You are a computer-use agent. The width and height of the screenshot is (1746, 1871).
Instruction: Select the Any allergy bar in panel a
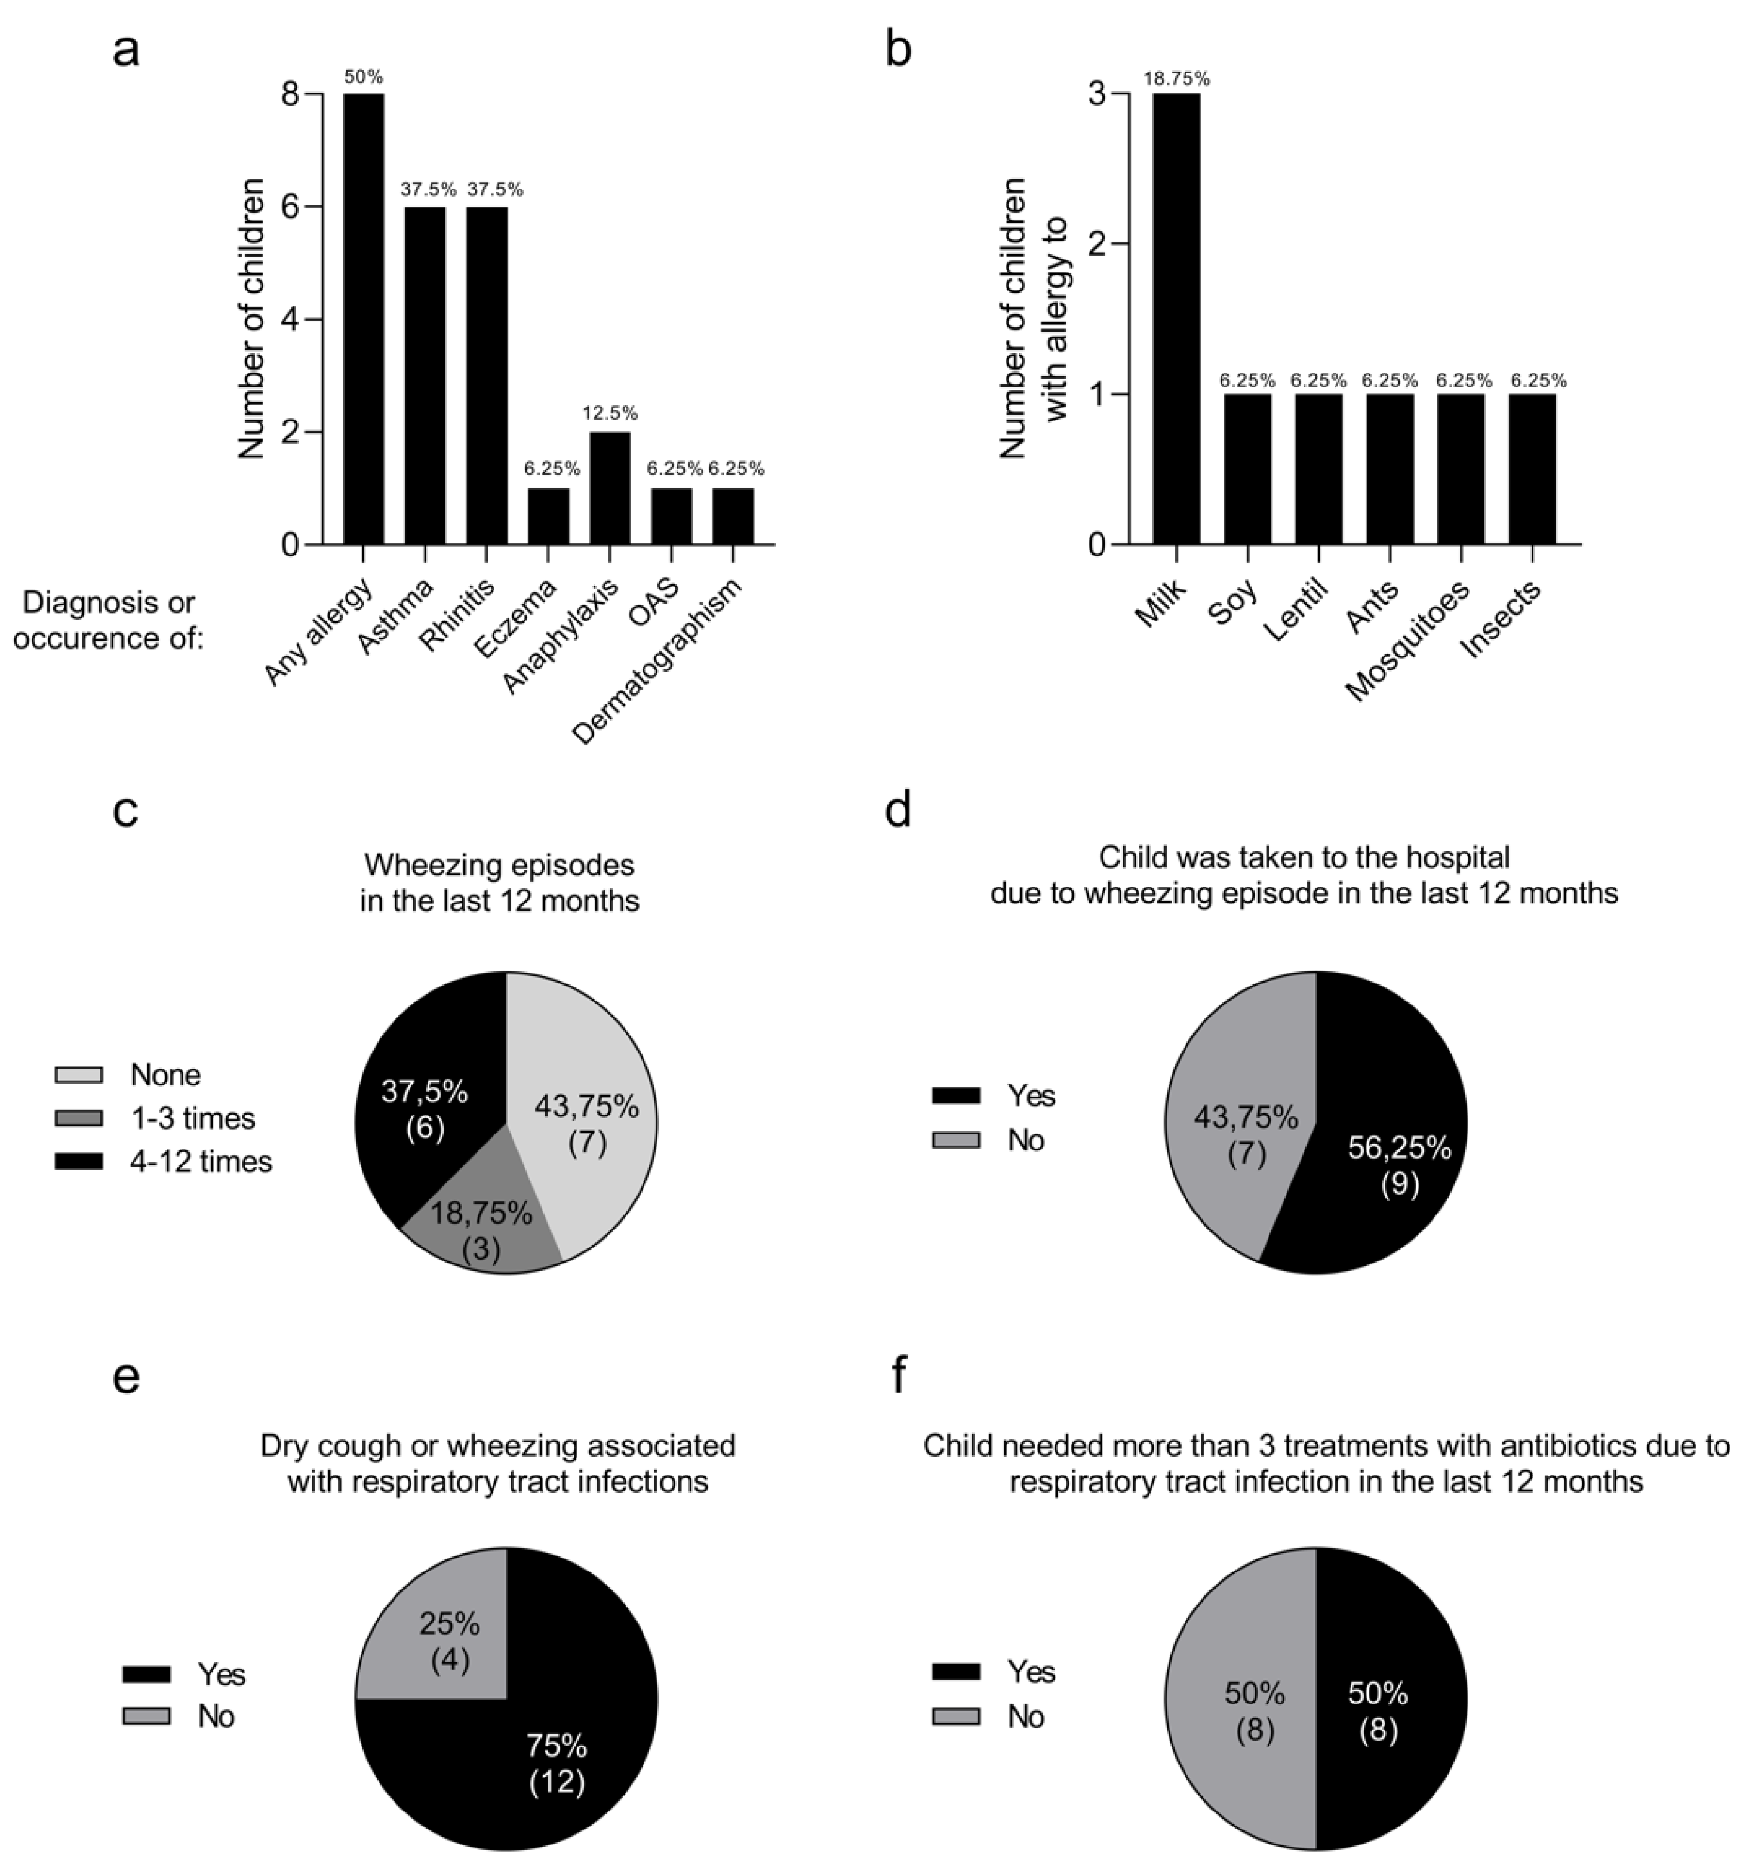click(x=363, y=320)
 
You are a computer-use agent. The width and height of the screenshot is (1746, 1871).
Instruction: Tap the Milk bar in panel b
click(x=1176, y=320)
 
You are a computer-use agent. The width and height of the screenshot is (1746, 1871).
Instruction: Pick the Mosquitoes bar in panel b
click(x=1461, y=470)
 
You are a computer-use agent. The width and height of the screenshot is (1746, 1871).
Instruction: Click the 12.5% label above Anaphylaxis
click(x=610, y=413)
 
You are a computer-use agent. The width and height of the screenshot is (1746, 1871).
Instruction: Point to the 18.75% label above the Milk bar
click(x=1176, y=79)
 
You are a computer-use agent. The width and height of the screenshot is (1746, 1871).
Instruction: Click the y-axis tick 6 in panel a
click(x=290, y=207)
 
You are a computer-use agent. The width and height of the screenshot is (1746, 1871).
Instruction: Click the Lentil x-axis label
click(x=1297, y=610)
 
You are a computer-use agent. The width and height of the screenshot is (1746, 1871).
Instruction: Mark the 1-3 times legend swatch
click(x=79, y=1118)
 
